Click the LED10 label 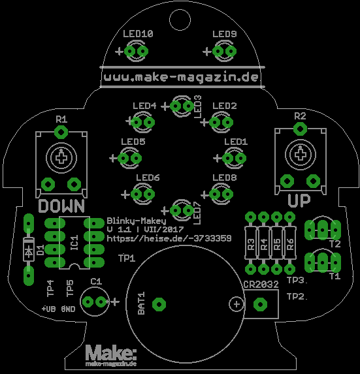pyautogui.click(x=138, y=34)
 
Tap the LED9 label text pyautogui.click(x=224, y=34)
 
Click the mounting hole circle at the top pyautogui.click(x=180, y=20)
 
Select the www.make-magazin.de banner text pyautogui.click(x=182, y=77)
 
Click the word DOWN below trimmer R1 pyautogui.click(x=61, y=206)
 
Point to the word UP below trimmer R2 pyautogui.click(x=299, y=201)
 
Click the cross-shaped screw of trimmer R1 pyautogui.click(x=61, y=158)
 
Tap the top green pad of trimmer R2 pyautogui.click(x=300, y=129)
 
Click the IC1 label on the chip pyautogui.click(x=74, y=243)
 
